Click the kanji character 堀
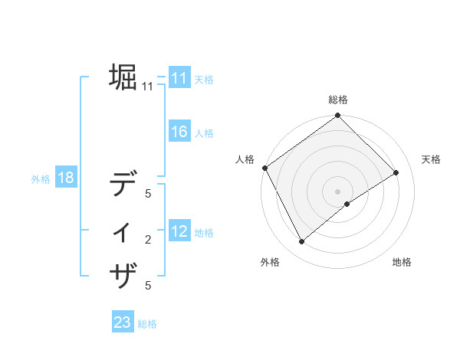coord(123,77)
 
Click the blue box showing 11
coord(179,78)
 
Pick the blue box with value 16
coord(179,132)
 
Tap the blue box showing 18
coord(65,178)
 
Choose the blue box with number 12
coord(179,231)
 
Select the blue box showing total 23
coord(123,322)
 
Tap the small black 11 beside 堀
coord(147,87)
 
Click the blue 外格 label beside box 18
coord(41,179)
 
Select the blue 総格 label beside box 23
coord(147,324)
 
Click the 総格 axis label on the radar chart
coord(338,100)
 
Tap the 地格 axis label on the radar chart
coord(402,262)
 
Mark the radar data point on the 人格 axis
coord(264,168)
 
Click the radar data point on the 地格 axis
coord(347,204)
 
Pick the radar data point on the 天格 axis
coord(396,172)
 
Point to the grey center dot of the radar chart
coord(337,191)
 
